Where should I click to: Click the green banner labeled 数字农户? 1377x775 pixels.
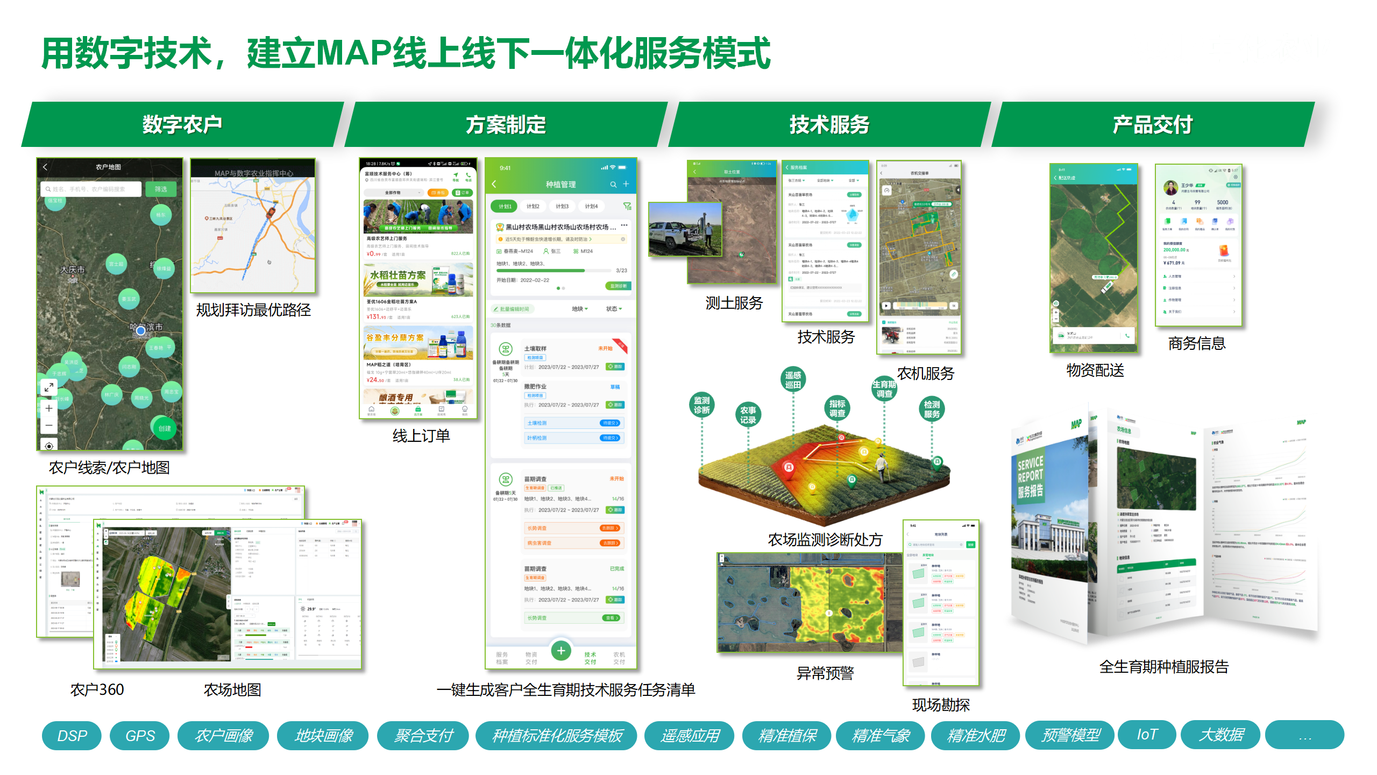[x=182, y=124]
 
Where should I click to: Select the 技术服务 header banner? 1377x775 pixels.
[x=829, y=124]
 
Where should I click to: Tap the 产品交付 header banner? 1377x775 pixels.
[x=1152, y=124]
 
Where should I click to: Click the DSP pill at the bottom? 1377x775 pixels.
[x=72, y=735]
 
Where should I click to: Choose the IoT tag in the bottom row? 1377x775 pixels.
[x=1147, y=735]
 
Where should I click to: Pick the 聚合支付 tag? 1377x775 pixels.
[x=423, y=735]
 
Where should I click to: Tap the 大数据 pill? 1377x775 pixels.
[x=1220, y=735]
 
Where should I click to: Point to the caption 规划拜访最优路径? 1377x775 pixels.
[x=253, y=310]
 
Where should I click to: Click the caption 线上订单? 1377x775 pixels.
[x=421, y=435]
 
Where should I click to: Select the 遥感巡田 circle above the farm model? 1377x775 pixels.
[x=793, y=379]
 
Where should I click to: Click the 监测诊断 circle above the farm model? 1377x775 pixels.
[x=702, y=405]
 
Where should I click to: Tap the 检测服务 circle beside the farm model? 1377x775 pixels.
[x=932, y=409]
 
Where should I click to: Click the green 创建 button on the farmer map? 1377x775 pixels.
[x=165, y=428]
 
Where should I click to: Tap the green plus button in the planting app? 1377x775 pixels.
[x=561, y=651]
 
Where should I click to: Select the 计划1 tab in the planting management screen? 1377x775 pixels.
[x=505, y=206]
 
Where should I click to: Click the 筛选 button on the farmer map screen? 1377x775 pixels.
[x=161, y=189]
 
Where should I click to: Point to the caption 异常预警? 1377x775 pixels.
[x=825, y=673]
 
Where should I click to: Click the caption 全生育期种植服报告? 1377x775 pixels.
[x=1163, y=667]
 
